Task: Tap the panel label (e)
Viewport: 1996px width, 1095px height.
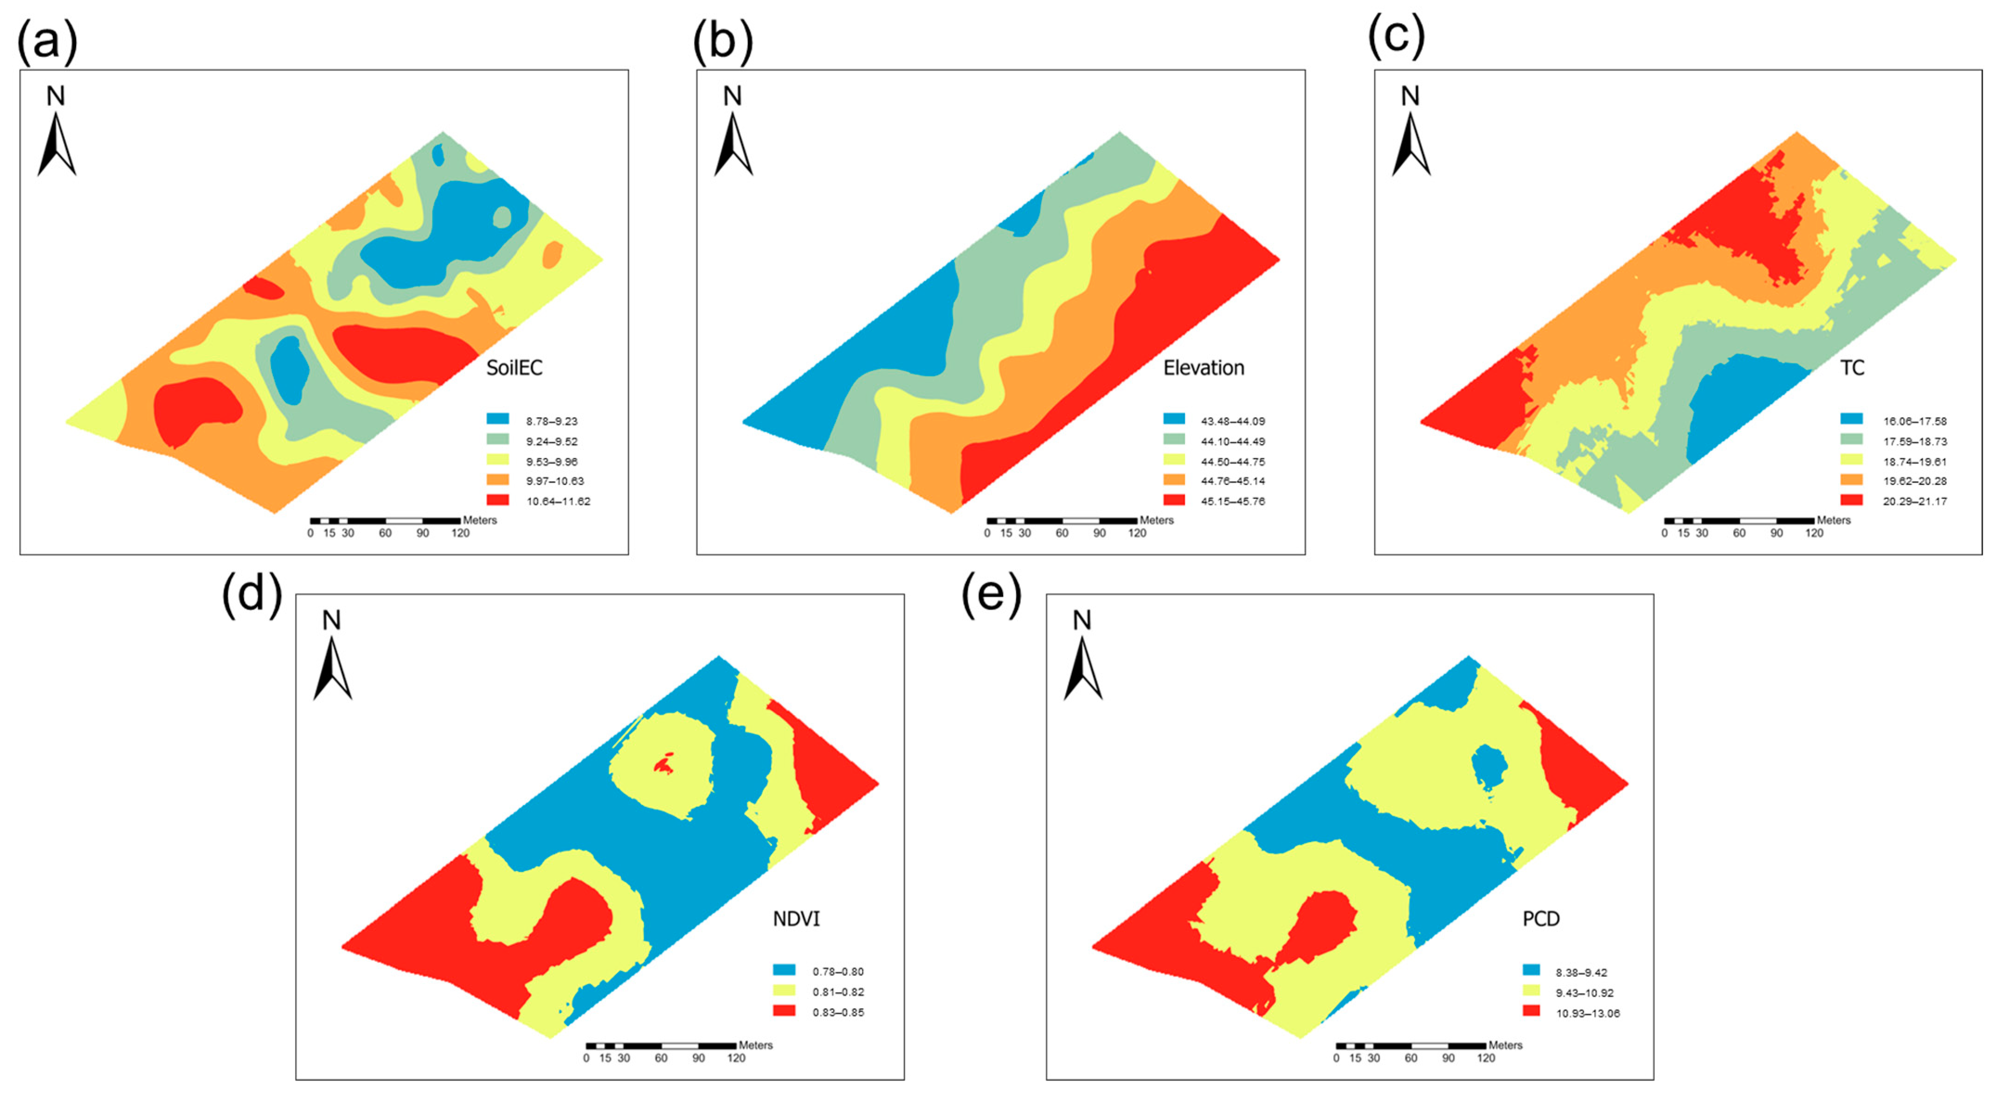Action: pyautogui.click(x=991, y=596)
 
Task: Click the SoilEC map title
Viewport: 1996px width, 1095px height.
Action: pyautogui.click(x=514, y=367)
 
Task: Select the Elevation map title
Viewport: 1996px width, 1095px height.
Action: pyautogui.click(x=1204, y=367)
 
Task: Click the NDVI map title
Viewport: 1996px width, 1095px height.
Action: pyautogui.click(x=796, y=919)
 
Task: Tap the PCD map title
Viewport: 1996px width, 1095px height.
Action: pyautogui.click(x=1540, y=919)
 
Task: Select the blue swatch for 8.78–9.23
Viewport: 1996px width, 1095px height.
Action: pyautogui.click(x=497, y=419)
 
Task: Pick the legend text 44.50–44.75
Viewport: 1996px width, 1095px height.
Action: pyautogui.click(x=1232, y=462)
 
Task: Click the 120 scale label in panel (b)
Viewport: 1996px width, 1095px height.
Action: pyautogui.click(x=1137, y=533)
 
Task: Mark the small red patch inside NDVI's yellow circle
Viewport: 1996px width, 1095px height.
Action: pyautogui.click(x=664, y=766)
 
